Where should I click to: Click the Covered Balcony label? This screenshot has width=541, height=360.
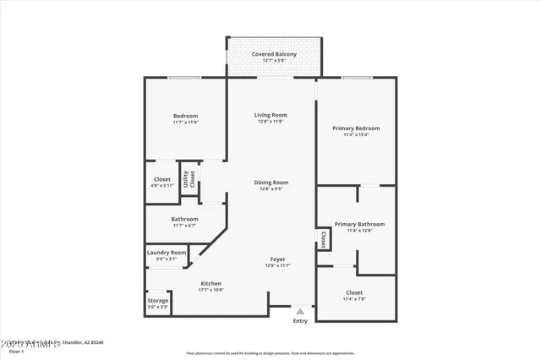point(274,54)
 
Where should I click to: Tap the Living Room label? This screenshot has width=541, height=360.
point(271,115)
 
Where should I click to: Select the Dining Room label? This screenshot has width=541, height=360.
point(271,182)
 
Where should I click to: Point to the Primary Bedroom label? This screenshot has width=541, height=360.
point(356,128)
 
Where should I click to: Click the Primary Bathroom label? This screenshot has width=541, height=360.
point(359,224)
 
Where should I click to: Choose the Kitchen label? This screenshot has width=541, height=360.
point(210,283)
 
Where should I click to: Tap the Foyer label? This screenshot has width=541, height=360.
point(277,259)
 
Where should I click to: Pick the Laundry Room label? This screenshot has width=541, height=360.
point(167,252)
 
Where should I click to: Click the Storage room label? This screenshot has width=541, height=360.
point(158,301)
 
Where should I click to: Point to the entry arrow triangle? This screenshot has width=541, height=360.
point(299,311)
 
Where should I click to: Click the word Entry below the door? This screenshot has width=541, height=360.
point(300,321)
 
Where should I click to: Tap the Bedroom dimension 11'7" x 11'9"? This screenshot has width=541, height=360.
point(185,123)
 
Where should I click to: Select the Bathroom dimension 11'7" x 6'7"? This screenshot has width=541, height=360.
point(185,226)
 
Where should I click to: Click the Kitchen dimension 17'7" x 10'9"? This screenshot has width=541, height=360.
point(210,290)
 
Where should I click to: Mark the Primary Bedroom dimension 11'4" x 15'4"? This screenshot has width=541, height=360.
point(356,134)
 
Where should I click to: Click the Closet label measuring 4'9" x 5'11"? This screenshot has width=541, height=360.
point(161,178)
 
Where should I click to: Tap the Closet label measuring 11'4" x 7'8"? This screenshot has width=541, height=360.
point(354,292)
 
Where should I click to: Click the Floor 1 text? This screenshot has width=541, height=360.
point(16,351)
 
